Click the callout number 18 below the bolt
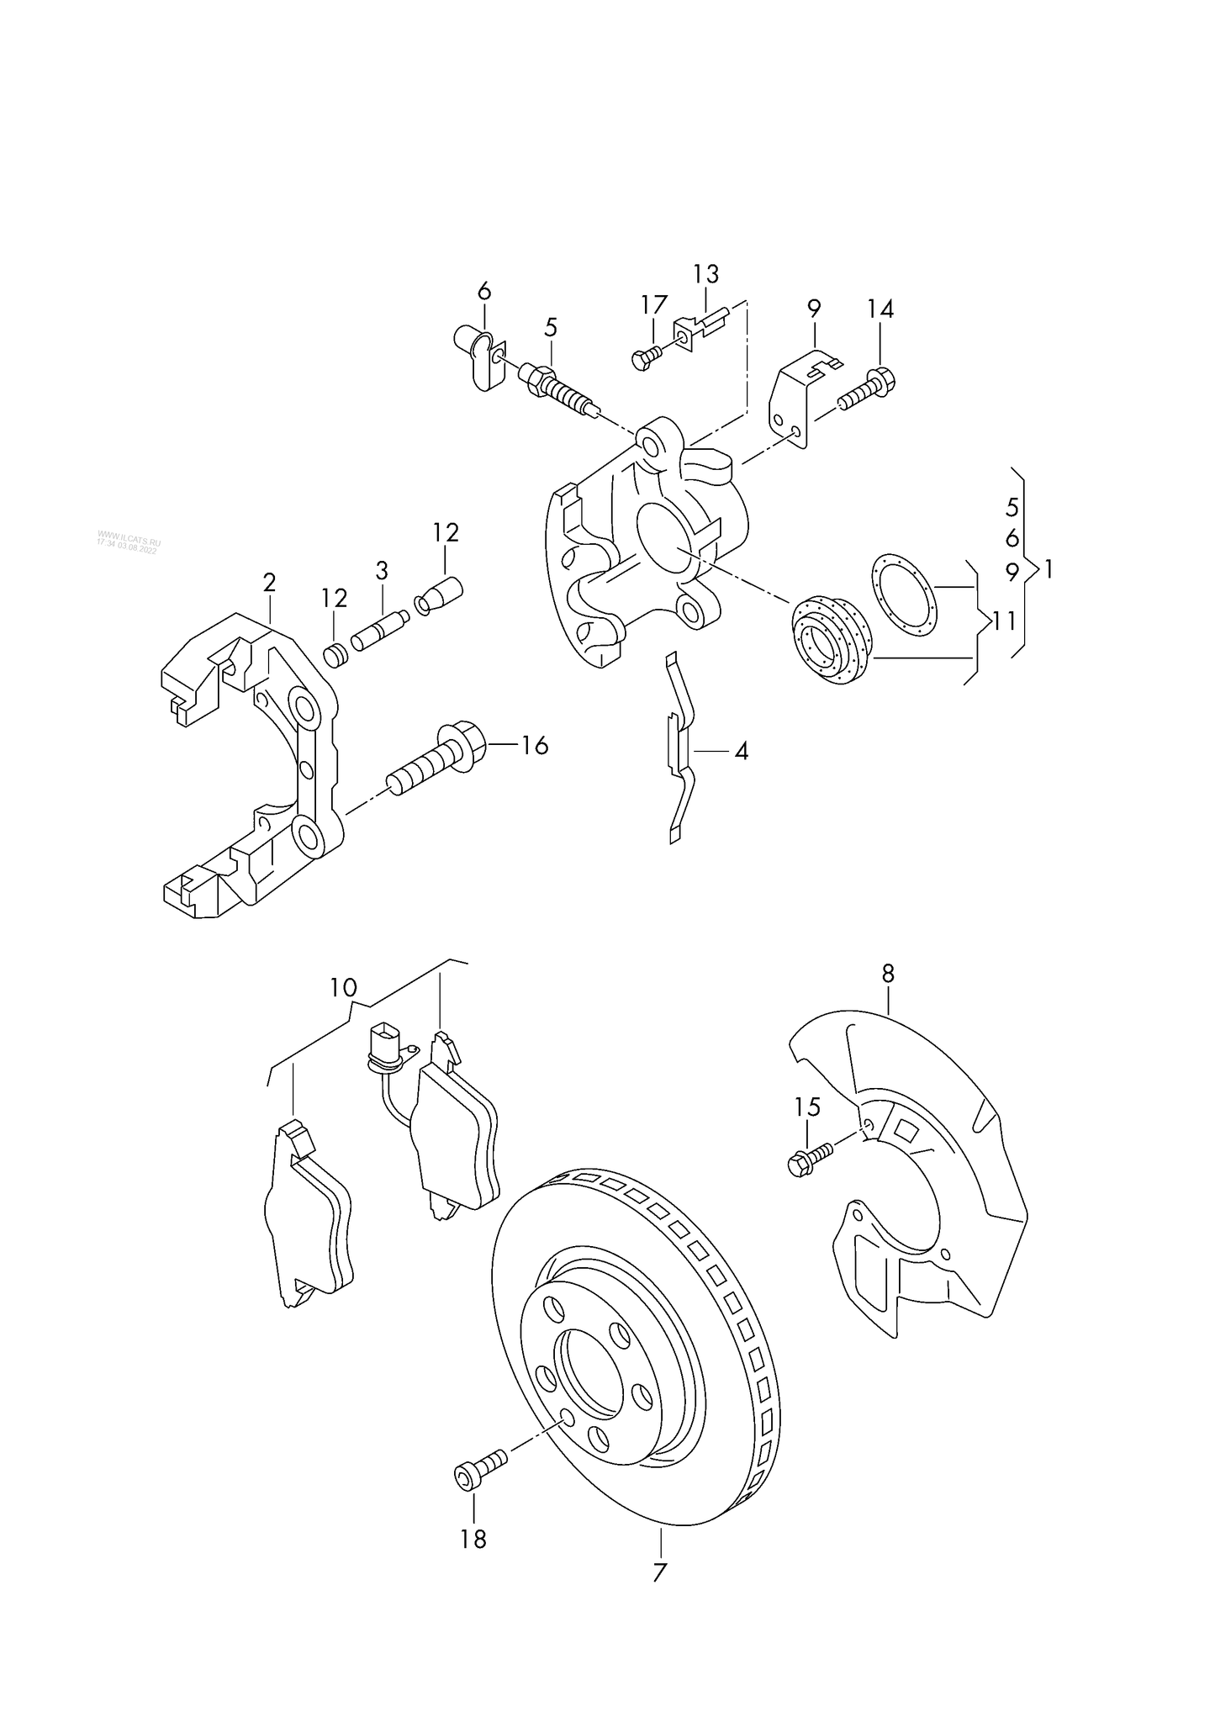pos(473,1539)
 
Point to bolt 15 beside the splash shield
pos(809,1159)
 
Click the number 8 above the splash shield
pos(888,974)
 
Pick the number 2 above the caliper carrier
pos(269,582)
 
